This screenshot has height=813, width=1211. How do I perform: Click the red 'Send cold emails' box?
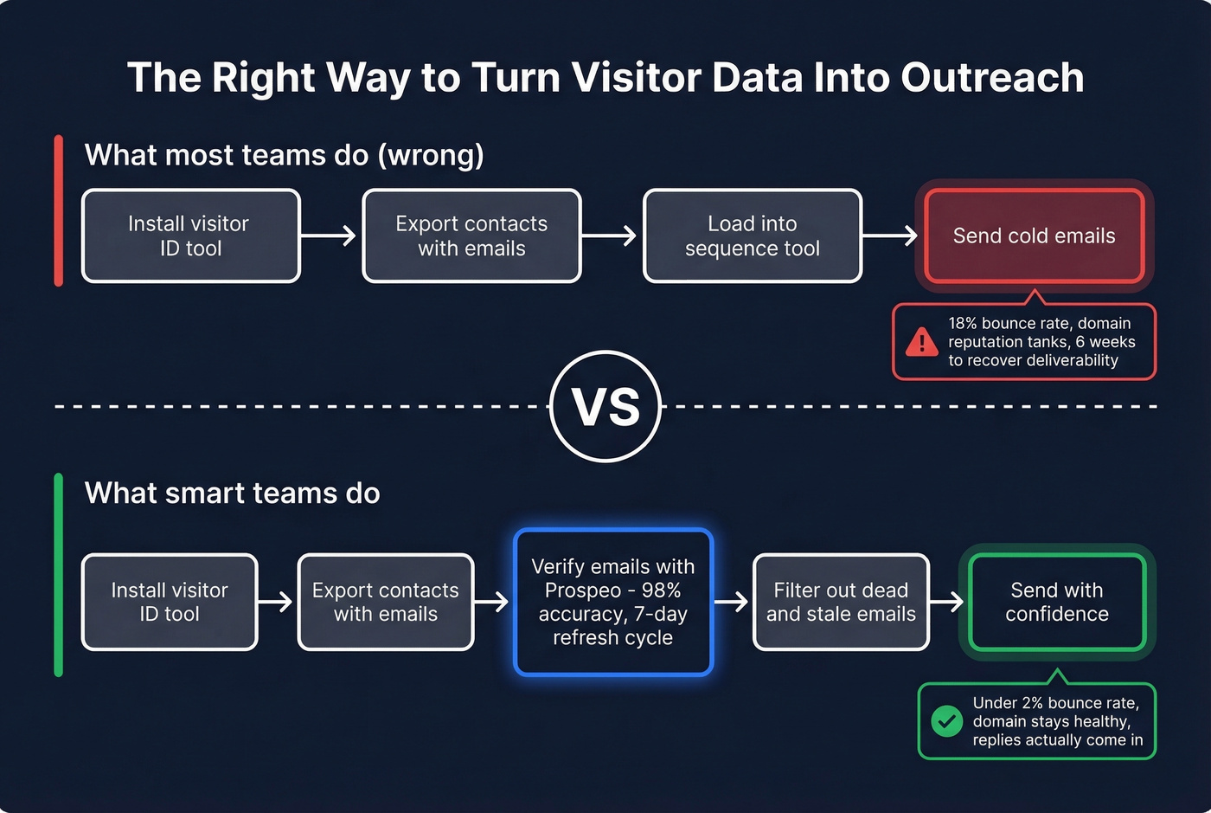click(1035, 236)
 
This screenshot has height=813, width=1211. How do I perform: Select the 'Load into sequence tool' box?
click(753, 236)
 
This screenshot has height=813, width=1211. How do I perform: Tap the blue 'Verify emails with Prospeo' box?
click(613, 602)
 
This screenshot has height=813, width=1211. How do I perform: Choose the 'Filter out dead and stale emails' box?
click(841, 602)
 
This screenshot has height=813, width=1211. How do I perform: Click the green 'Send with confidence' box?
click(1057, 602)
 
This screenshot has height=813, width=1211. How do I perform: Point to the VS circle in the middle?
click(605, 406)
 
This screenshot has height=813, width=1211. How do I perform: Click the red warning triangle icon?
click(922, 342)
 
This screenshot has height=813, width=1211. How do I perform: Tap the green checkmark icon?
click(947, 721)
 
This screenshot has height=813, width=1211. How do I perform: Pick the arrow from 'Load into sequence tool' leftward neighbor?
click(612, 236)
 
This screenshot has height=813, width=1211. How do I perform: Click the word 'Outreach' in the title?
click(992, 78)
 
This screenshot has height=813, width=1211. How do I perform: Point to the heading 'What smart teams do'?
click(232, 494)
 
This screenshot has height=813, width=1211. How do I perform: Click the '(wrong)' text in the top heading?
click(430, 156)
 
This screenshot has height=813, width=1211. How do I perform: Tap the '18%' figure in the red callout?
click(962, 324)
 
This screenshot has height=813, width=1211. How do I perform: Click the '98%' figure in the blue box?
click(662, 590)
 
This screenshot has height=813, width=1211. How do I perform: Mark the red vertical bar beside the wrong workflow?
click(59, 210)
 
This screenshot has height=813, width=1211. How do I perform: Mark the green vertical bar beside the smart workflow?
click(59, 574)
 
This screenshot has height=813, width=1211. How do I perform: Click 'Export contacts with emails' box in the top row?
click(471, 236)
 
